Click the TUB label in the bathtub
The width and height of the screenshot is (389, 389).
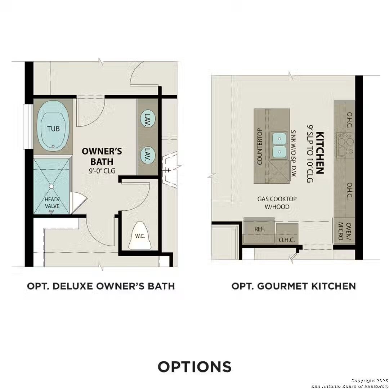click(53, 128)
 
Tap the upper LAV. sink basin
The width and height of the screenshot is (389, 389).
click(147, 118)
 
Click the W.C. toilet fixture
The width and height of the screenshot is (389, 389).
click(139, 236)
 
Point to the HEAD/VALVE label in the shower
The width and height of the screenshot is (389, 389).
click(52, 202)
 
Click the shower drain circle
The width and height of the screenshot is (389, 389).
click(51, 186)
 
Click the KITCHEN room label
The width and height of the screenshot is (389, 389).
click(319, 153)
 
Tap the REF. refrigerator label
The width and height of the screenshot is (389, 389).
click(259, 229)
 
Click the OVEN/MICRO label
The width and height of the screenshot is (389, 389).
click(344, 231)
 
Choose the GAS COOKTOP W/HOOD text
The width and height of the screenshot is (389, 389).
click(273, 203)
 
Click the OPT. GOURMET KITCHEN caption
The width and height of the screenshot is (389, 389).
click(293, 286)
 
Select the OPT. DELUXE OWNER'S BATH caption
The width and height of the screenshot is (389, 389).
click(101, 286)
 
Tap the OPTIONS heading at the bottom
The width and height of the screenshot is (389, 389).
click(194, 366)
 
